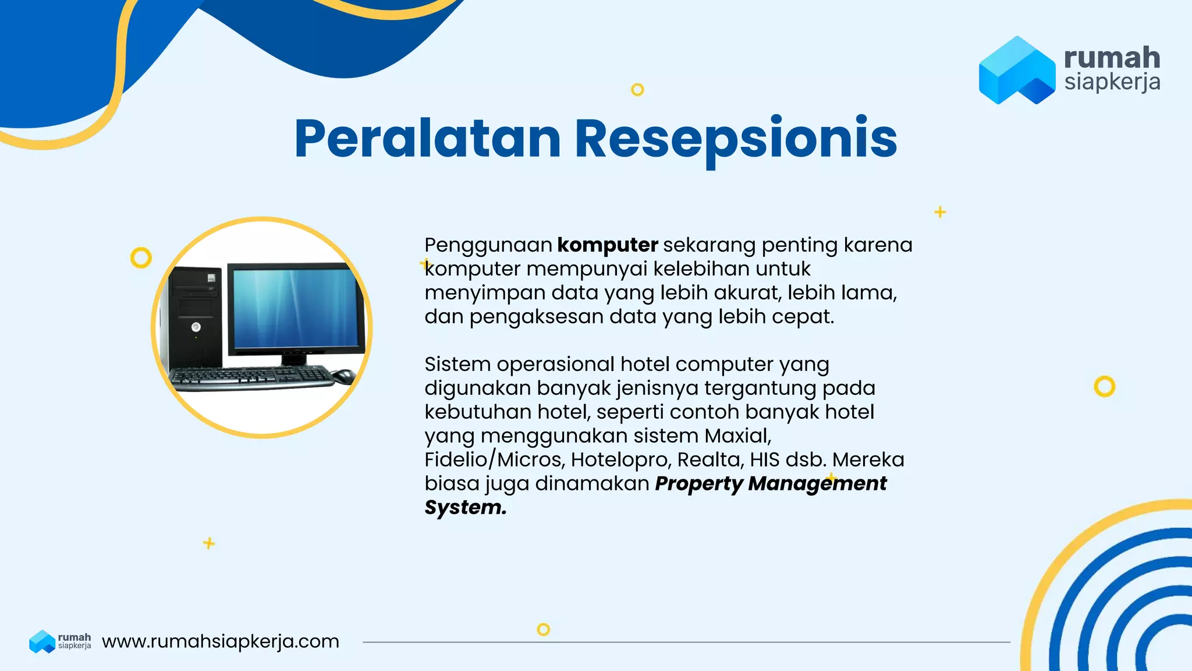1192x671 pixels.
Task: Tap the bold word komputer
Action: (x=607, y=245)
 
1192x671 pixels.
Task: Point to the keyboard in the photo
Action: (x=250, y=377)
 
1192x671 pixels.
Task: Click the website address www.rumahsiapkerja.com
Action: (x=220, y=641)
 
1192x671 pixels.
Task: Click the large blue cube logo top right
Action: (x=1016, y=70)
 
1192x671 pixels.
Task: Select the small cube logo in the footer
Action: (x=42, y=641)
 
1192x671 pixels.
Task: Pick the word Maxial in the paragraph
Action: (x=737, y=436)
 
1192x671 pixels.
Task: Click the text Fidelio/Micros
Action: (x=494, y=460)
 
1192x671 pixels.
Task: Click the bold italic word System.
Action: (x=465, y=507)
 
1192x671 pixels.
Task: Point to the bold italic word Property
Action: (x=698, y=483)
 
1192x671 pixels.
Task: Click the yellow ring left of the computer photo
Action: (x=141, y=257)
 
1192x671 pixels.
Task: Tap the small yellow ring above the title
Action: (x=637, y=90)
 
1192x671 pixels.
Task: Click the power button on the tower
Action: (x=196, y=327)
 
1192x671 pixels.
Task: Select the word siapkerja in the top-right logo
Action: (x=1112, y=82)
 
